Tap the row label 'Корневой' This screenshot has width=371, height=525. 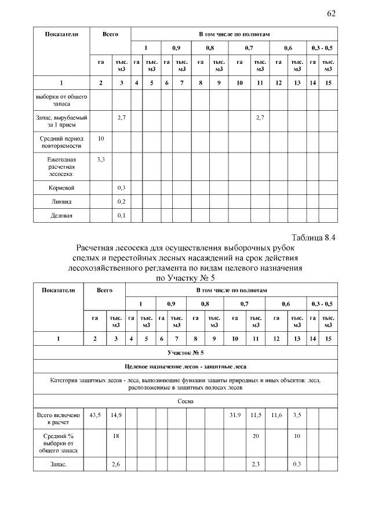click(x=61, y=188)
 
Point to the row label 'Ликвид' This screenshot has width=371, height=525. click(x=61, y=201)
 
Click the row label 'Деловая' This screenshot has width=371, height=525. click(x=61, y=215)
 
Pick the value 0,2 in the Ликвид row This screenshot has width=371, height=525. click(x=121, y=201)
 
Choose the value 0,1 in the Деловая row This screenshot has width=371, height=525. click(x=121, y=215)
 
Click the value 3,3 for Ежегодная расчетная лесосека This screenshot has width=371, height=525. click(x=101, y=158)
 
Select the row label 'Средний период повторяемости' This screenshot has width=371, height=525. click(x=61, y=143)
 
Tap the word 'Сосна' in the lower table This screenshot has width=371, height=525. click(x=185, y=401)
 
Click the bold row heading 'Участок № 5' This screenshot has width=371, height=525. click(x=185, y=352)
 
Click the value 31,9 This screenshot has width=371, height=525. click(x=235, y=415)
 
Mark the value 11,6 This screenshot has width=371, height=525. click(x=277, y=415)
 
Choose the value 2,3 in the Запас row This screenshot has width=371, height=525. click(x=255, y=464)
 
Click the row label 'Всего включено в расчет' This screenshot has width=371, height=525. click(x=58, y=419)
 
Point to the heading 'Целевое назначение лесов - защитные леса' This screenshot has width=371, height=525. click(x=185, y=367)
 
